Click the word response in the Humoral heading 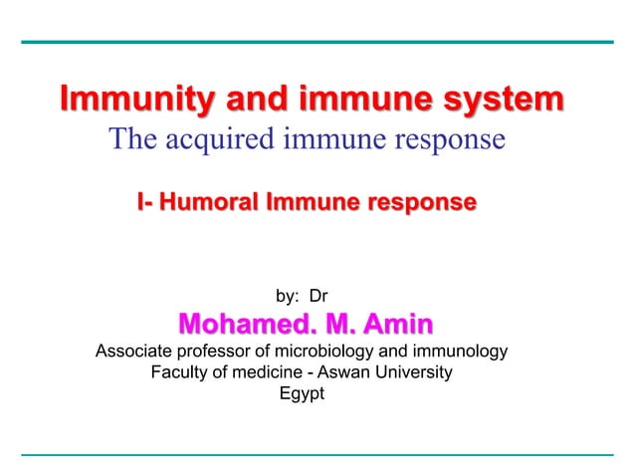click(x=420, y=204)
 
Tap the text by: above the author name click(x=287, y=296)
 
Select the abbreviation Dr click(x=319, y=296)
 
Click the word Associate click(x=133, y=352)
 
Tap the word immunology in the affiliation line click(x=466, y=352)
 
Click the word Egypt click(x=302, y=394)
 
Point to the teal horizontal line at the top click(x=317, y=42)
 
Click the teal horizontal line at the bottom click(x=317, y=455)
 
